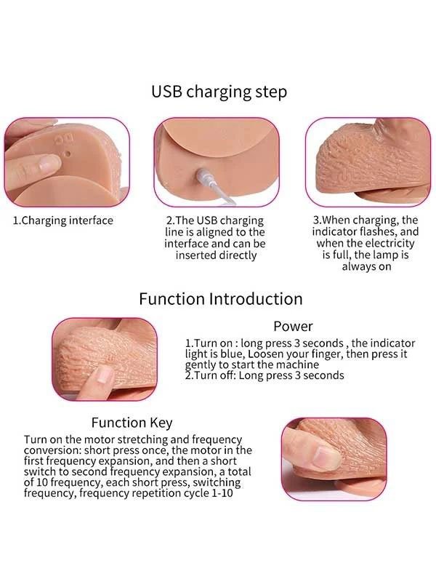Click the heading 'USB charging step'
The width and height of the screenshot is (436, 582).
pos(219,92)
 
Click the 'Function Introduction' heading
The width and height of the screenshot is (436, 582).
pos(221,299)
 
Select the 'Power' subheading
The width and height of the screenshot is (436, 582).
pos(293,326)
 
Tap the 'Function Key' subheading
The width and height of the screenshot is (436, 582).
pos(132,423)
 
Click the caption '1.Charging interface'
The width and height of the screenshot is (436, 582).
pos(63,220)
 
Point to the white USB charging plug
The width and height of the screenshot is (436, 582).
pos(205,176)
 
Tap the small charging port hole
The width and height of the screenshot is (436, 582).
pos(68,153)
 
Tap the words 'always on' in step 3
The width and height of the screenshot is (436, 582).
pos(366,266)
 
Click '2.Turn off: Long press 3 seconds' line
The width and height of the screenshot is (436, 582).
pos(265,375)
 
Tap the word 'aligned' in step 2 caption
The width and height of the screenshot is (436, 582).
pos(217,232)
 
